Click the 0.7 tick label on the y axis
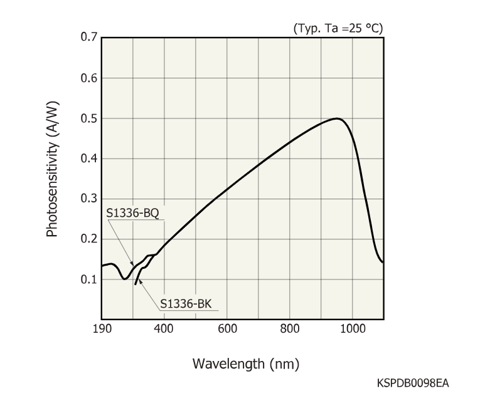pyautogui.click(x=88, y=38)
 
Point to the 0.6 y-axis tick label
pyautogui.click(x=88, y=78)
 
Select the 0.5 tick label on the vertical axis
pyautogui.click(x=88, y=118)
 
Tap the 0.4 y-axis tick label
pyautogui.click(x=88, y=159)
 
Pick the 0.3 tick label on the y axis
pyautogui.click(x=88, y=199)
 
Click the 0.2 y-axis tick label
pyautogui.click(x=88, y=239)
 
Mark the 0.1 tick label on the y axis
pyautogui.click(x=88, y=280)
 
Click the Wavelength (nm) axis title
pyautogui.click(x=245, y=363)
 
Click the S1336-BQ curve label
pyautogui.click(x=133, y=213)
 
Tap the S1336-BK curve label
pyautogui.click(x=186, y=305)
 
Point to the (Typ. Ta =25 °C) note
pyautogui.click(x=338, y=28)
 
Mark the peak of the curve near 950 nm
pyautogui.click(x=338, y=118)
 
